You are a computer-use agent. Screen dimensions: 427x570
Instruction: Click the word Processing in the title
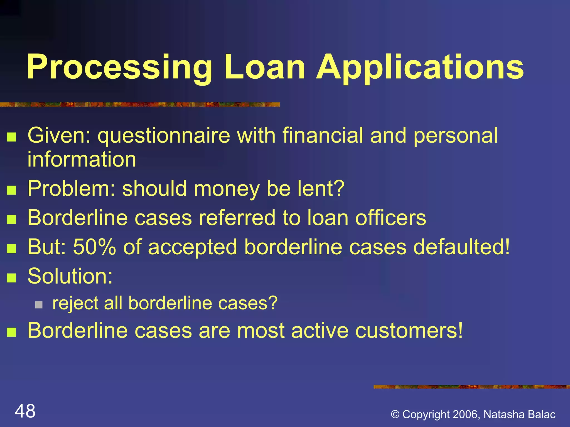[119, 68]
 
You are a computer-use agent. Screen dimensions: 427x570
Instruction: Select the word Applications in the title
[420, 68]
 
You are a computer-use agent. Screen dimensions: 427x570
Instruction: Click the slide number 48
[25, 411]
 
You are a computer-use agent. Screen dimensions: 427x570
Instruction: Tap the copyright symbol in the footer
[395, 414]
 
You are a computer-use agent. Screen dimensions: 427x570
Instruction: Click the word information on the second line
[82, 159]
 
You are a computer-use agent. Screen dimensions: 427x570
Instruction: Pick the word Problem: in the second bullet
[71, 189]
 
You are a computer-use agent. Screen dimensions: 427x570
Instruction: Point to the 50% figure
[94, 247]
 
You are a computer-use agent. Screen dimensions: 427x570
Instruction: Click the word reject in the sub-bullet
[75, 303]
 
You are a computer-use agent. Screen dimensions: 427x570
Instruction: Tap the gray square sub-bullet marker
[39, 305]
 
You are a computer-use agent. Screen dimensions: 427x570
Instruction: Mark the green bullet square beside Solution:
[11, 278]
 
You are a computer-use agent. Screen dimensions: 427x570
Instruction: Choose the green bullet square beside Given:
[11, 137]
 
